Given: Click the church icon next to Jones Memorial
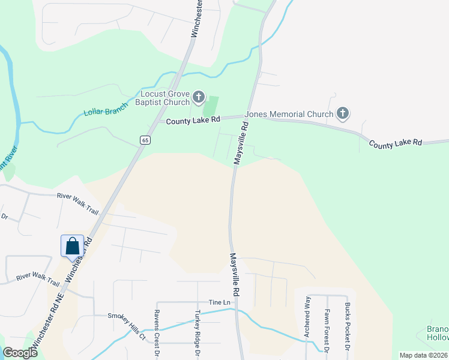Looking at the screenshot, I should [x=343, y=113].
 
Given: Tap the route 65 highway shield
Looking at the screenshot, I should [x=145, y=140].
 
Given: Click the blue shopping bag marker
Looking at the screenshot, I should [x=72, y=246].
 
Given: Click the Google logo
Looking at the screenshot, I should [x=20, y=353].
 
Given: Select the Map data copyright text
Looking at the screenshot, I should [x=424, y=355].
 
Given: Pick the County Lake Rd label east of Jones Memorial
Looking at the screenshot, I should [x=395, y=144].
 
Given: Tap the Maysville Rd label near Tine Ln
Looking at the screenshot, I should [x=235, y=274].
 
